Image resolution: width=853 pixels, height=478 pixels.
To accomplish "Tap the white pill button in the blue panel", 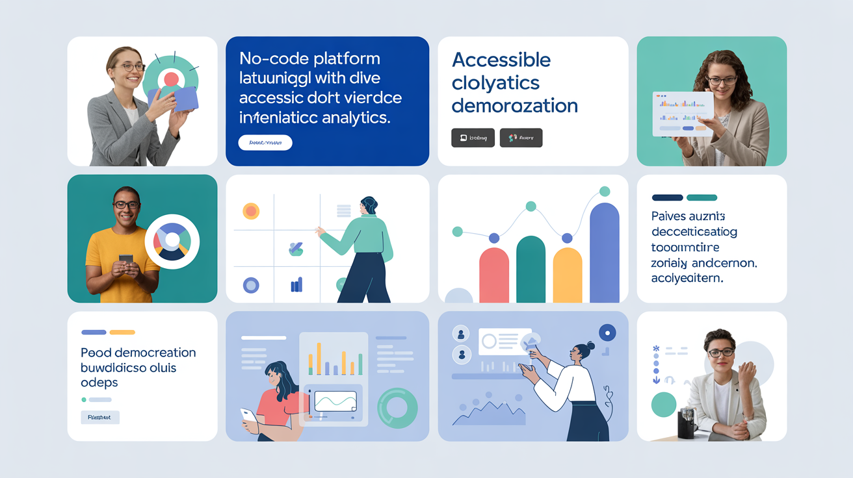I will coord(265,143).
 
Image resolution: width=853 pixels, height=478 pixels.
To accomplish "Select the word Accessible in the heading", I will coord(501,60).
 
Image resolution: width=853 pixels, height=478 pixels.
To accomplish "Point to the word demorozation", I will coord(514,105).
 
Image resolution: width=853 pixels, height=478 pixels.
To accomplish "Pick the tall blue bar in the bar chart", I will coord(605,253).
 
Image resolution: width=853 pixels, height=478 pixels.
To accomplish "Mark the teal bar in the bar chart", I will coord(531,269).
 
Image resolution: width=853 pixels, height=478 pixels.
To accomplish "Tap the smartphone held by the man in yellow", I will coord(126,259).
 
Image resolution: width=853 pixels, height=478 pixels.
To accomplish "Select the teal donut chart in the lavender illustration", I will coord(397,408).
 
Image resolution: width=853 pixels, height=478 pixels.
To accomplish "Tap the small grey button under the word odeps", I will coord(99,418).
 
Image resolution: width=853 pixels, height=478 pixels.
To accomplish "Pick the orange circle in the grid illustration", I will coord(251,211).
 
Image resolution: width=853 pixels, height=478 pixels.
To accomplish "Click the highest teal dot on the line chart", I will coord(605,191).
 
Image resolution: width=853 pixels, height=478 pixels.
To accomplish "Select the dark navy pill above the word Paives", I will coord(667,197).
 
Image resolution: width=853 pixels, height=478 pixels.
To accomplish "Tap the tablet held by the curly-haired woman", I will coord(682,114).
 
